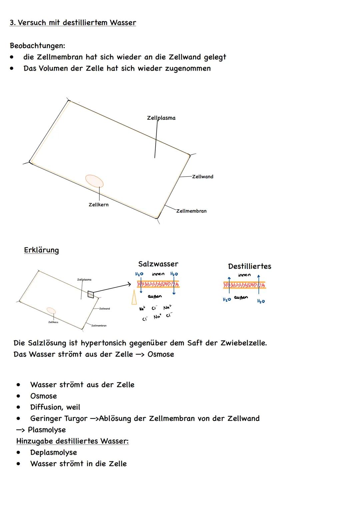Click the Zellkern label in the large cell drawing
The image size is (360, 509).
(x=98, y=205)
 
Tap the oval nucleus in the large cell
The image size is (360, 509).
(x=94, y=181)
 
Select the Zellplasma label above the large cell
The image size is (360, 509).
(x=161, y=118)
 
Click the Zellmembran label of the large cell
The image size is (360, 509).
(x=191, y=211)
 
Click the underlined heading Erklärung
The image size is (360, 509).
(x=41, y=250)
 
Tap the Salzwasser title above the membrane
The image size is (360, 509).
(x=158, y=264)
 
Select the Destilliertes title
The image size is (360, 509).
(x=249, y=266)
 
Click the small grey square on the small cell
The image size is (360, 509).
(x=91, y=294)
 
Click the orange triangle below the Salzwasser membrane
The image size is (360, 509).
(x=134, y=297)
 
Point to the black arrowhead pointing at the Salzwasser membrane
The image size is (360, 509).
(x=129, y=284)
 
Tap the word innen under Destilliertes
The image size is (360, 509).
(x=244, y=275)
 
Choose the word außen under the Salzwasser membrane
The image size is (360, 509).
(x=155, y=296)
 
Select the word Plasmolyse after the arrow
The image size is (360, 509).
(x=47, y=430)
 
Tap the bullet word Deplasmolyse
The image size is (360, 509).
(x=53, y=452)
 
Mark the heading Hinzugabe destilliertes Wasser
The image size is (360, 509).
(x=72, y=441)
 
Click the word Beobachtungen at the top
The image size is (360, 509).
(x=37, y=45)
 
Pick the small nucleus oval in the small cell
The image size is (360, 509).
(x=51, y=311)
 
